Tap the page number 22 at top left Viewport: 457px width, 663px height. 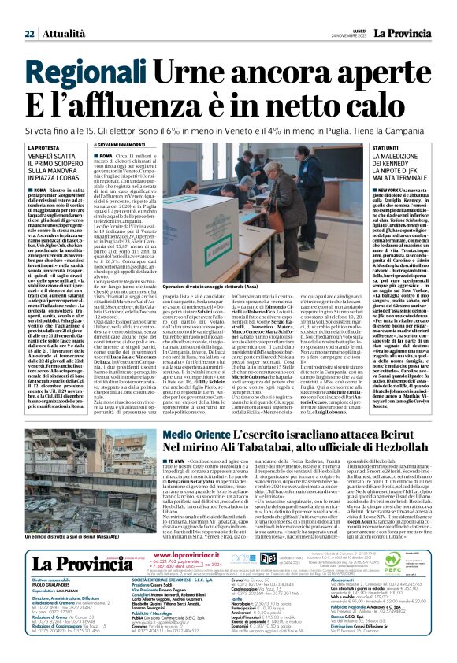pyautogui.click(x=29, y=12)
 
